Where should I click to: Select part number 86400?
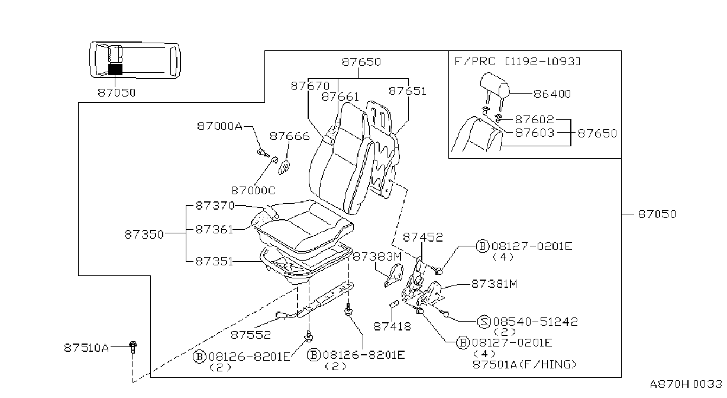pyautogui.click(x=552, y=94)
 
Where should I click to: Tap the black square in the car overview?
pyautogui.click(x=115, y=69)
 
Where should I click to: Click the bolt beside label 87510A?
pyautogui.click(x=133, y=347)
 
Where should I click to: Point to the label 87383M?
pyautogui.click(x=377, y=256)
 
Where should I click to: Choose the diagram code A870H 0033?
pyautogui.click(x=686, y=384)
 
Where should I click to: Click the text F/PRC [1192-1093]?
pyautogui.click(x=518, y=61)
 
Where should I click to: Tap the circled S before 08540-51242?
pyautogui.click(x=484, y=322)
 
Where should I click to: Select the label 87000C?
pyautogui.click(x=253, y=190)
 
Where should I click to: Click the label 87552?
pyautogui.click(x=251, y=335)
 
